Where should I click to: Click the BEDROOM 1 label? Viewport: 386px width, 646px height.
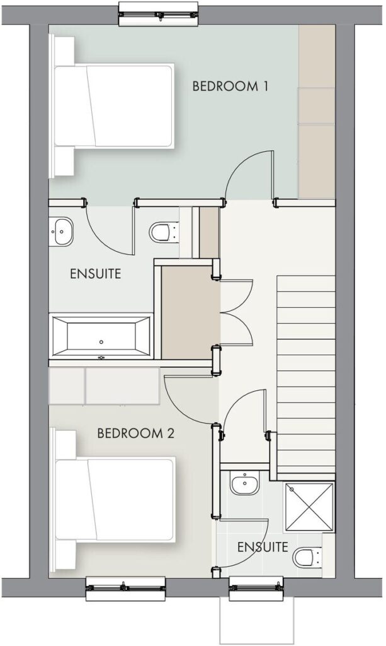tap(230, 86)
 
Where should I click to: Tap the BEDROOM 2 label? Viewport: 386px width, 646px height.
tap(135, 433)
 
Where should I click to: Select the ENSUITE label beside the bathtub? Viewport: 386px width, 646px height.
tap(95, 274)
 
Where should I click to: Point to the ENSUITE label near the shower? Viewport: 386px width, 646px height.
tap(263, 547)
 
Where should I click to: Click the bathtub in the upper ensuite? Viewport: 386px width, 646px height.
tap(101, 336)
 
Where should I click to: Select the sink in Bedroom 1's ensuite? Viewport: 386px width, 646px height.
tap(61, 232)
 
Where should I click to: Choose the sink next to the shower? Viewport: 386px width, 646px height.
tap(245, 483)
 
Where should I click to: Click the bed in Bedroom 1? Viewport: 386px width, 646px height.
tap(112, 105)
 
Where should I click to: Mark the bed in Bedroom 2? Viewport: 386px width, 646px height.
tap(112, 499)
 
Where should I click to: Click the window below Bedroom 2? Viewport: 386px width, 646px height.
tap(125, 589)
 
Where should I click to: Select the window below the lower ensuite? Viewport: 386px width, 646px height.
tap(257, 589)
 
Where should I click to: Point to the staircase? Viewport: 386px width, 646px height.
tap(306, 374)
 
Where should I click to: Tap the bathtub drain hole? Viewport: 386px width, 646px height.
tap(101, 342)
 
